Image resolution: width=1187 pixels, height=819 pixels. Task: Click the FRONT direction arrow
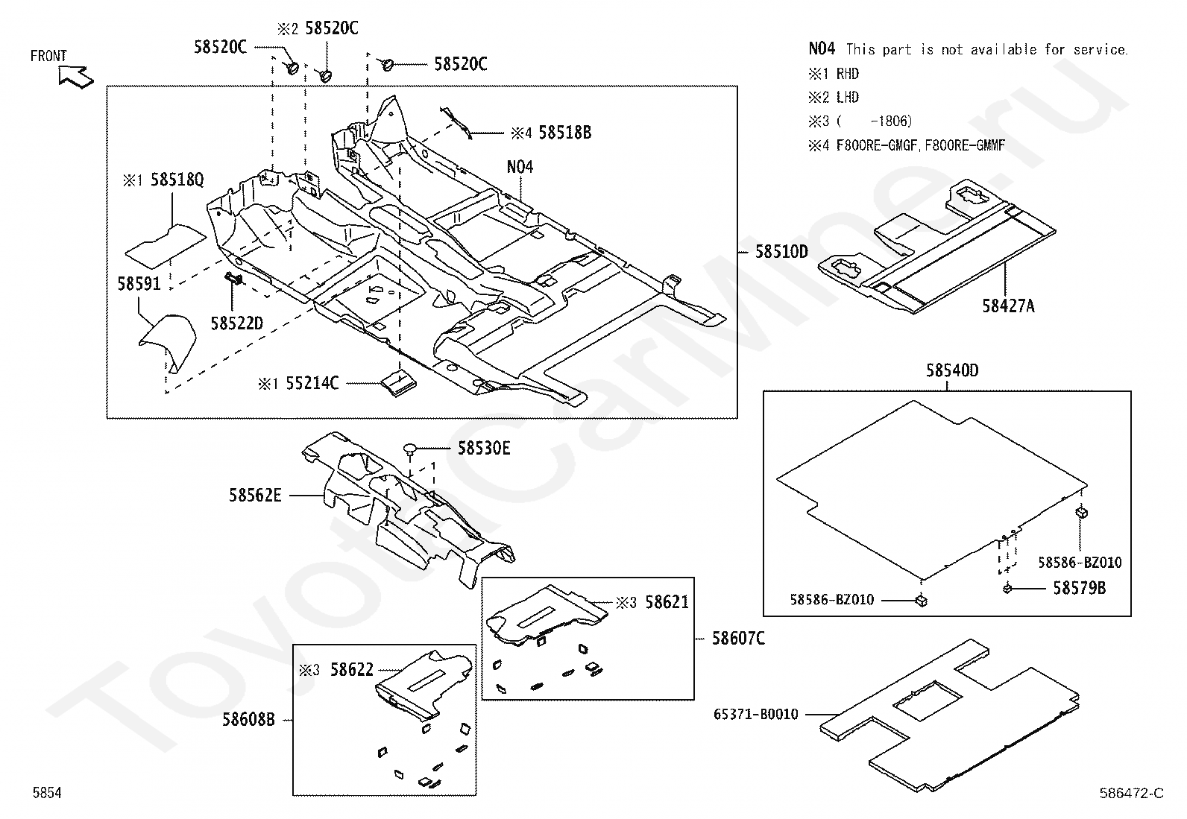pos(75,75)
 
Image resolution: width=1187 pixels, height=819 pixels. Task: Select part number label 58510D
pos(781,252)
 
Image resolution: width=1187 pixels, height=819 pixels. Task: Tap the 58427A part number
pos(1008,306)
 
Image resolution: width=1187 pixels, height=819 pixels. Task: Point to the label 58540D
pos(952,370)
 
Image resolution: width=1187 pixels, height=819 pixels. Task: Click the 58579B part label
pos(1079,589)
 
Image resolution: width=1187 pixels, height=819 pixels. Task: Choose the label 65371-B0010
pos(755,715)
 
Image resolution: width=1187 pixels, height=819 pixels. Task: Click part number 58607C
pos(738,639)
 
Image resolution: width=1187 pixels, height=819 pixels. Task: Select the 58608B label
pos(248,720)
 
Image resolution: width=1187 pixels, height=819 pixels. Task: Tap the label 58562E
pos(255,495)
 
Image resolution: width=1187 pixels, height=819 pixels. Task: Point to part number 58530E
pos(484,449)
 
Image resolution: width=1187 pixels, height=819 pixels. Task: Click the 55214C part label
pos(312,384)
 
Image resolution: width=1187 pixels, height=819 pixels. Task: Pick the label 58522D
pos(237,323)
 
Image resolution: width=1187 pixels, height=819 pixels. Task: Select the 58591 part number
pos(139,284)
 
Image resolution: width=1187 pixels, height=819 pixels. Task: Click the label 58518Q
pos(177,180)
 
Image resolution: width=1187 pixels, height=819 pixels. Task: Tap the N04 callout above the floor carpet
pos(520,167)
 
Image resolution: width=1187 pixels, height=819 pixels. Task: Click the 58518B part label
pos(564,133)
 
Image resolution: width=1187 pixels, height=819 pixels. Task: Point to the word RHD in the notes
pos(847,74)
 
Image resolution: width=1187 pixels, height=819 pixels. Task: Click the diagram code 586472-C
pos(1131,793)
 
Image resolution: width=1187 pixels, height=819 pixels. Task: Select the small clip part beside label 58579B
pos(1007,589)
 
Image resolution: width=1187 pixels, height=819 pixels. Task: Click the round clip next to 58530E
pos(410,449)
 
